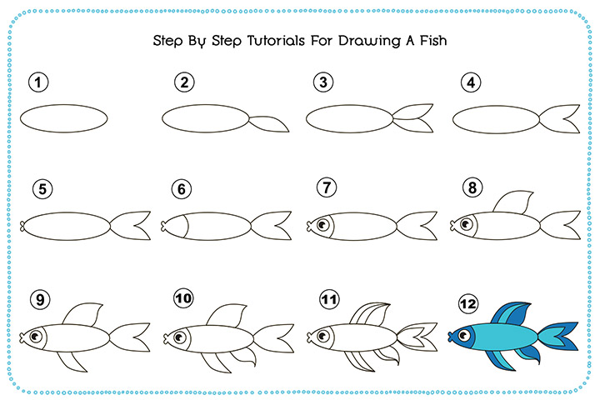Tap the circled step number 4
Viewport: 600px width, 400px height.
[472, 82]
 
